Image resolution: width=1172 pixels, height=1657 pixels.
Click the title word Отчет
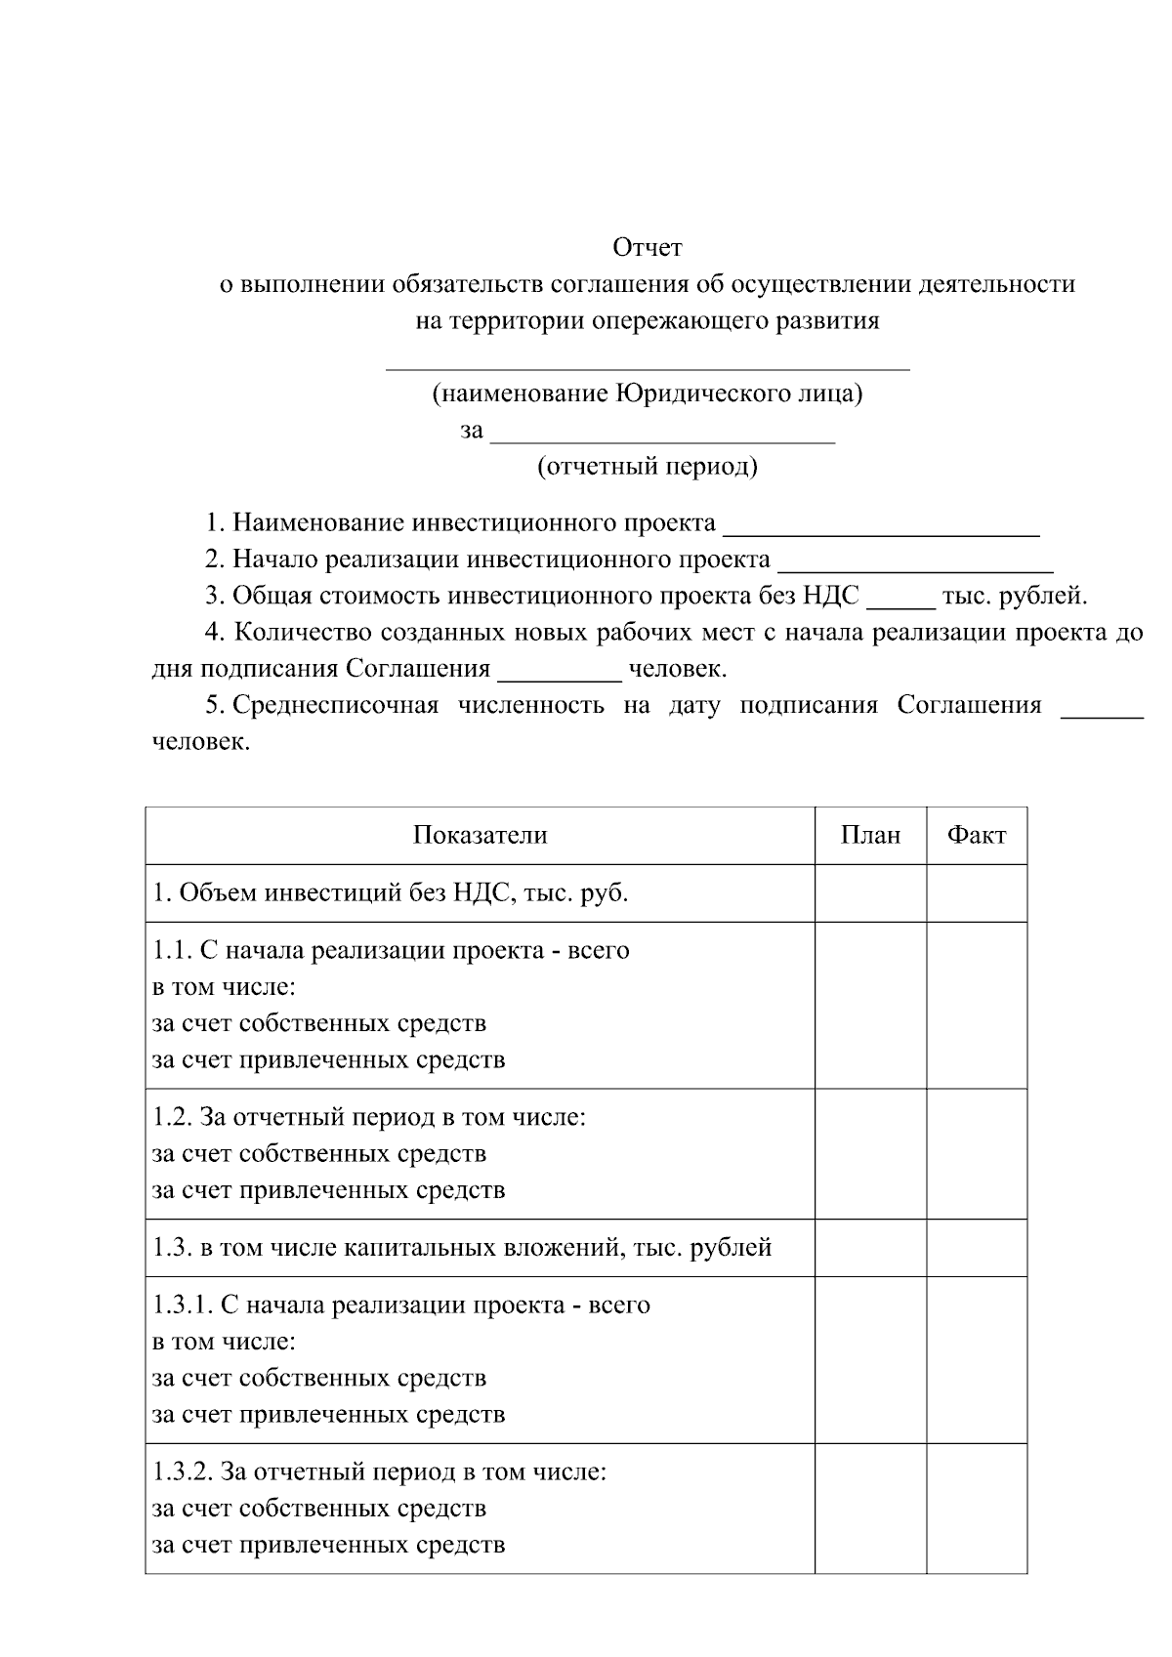(x=647, y=248)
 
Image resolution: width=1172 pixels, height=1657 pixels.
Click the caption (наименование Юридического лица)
(x=647, y=394)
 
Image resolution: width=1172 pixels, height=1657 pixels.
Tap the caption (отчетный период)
(x=647, y=467)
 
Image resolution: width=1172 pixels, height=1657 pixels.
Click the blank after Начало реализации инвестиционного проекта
(x=915, y=563)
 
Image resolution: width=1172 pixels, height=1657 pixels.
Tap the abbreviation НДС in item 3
(x=830, y=596)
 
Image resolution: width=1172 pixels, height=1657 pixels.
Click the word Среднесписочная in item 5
(x=336, y=706)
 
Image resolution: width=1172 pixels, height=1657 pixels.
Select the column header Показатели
(x=480, y=836)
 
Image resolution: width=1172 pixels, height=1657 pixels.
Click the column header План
(x=870, y=836)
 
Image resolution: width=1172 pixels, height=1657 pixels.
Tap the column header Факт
(x=977, y=836)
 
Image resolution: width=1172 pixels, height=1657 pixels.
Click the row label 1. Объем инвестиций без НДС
(x=390, y=893)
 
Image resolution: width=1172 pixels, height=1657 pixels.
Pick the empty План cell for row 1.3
(x=870, y=1248)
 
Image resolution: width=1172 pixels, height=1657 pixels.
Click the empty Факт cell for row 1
(x=977, y=893)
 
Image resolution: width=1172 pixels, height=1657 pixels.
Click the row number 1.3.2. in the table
(x=182, y=1471)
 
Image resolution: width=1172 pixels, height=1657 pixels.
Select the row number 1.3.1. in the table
(x=182, y=1305)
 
